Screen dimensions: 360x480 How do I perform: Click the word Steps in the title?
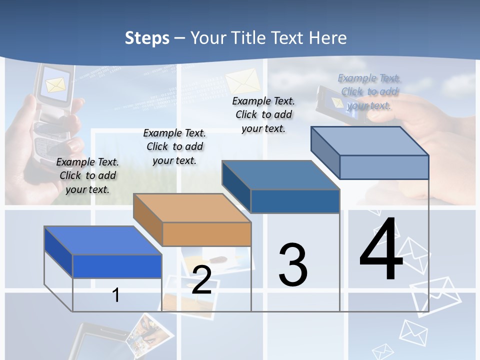coord(147,38)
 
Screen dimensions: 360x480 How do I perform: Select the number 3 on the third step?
coord(293,265)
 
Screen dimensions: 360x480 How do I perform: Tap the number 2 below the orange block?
coord(201,280)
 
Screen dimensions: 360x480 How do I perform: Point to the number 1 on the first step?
coord(115,295)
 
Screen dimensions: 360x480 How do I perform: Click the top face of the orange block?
coord(191,207)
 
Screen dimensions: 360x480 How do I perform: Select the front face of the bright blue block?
coord(117,266)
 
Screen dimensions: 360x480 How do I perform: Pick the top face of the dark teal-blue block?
coord(280,175)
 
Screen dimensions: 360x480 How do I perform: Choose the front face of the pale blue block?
coord(384,167)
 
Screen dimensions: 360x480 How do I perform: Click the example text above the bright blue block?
coord(87,175)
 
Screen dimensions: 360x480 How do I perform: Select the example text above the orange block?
coord(174,146)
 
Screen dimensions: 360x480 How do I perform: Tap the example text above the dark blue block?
coord(263,114)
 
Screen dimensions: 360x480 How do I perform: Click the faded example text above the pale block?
coord(369,91)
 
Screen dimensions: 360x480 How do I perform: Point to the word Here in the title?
coord(327,38)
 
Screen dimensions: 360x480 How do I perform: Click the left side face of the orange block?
coord(148,220)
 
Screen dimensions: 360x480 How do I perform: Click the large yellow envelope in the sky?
coord(243,80)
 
